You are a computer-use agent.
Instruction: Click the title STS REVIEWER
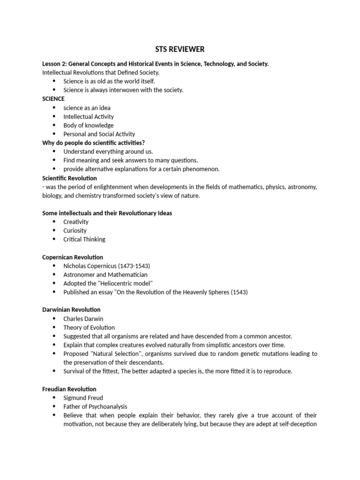180,49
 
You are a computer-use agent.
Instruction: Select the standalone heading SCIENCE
53,99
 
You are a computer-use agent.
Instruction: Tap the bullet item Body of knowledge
89,125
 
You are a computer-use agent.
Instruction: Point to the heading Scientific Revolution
69,178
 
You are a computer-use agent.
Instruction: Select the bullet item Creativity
76,222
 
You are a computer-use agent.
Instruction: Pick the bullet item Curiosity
75,231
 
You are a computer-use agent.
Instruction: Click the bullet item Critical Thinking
84,240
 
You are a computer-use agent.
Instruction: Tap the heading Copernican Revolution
73,257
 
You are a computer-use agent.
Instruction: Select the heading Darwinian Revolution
71,310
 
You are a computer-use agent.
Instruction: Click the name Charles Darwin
83,319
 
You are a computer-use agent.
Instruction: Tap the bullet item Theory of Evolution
89,328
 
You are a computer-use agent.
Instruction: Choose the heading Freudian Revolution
69,389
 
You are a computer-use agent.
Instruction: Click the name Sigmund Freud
83,398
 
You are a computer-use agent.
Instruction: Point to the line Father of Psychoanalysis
95,407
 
